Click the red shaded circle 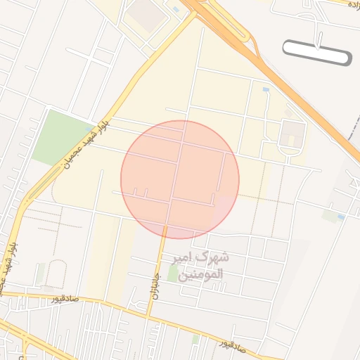click(180, 179)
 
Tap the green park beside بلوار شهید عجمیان click(61, 136)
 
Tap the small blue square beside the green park click(89, 129)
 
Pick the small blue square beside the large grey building click(174, 9)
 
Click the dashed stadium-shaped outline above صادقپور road click(56, 274)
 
